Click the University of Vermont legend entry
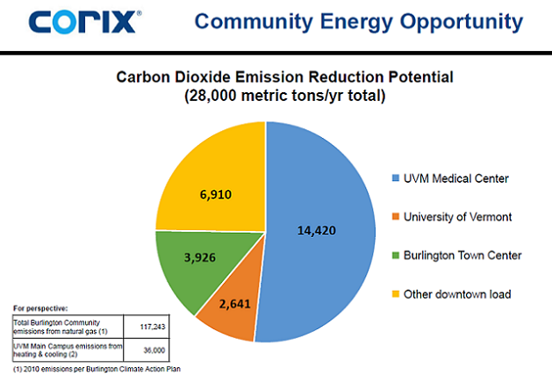pyautogui.click(x=455, y=217)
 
